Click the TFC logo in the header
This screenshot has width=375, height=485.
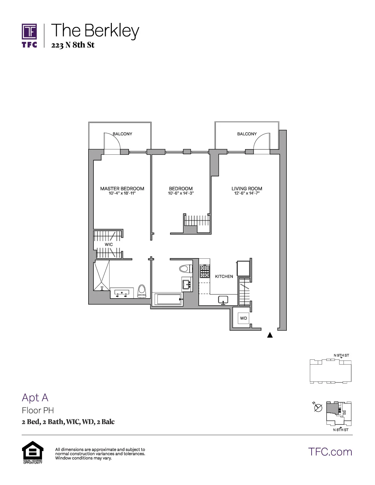[x=29, y=35]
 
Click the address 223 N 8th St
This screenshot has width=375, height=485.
[x=73, y=45]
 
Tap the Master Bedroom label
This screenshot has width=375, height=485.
[x=122, y=189]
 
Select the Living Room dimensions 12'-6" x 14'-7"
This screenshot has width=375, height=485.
[x=247, y=194]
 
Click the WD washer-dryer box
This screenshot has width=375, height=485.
[x=243, y=318]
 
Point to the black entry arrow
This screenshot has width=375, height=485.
[x=270, y=335]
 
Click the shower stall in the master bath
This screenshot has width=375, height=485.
[x=101, y=276]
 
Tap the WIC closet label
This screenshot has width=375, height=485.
[x=108, y=244]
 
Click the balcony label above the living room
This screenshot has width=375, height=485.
[x=247, y=134]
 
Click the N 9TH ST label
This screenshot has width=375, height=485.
[x=341, y=355]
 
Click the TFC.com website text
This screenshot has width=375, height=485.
[x=330, y=452]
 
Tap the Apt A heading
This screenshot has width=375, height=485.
[x=35, y=397]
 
